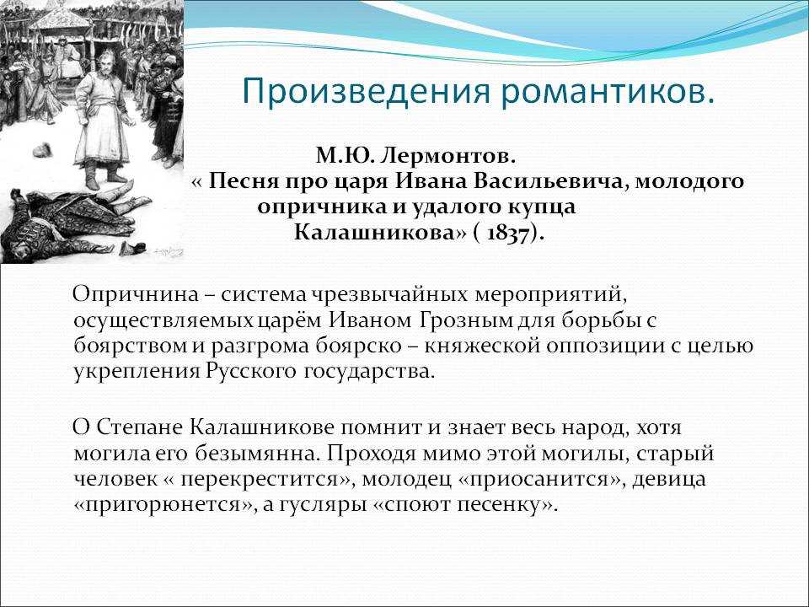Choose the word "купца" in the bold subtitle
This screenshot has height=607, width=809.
(542, 207)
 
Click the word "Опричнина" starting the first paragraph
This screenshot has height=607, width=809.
(136, 295)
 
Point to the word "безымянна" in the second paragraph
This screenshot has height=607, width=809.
(254, 453)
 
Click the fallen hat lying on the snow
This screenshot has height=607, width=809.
(42, 151)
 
